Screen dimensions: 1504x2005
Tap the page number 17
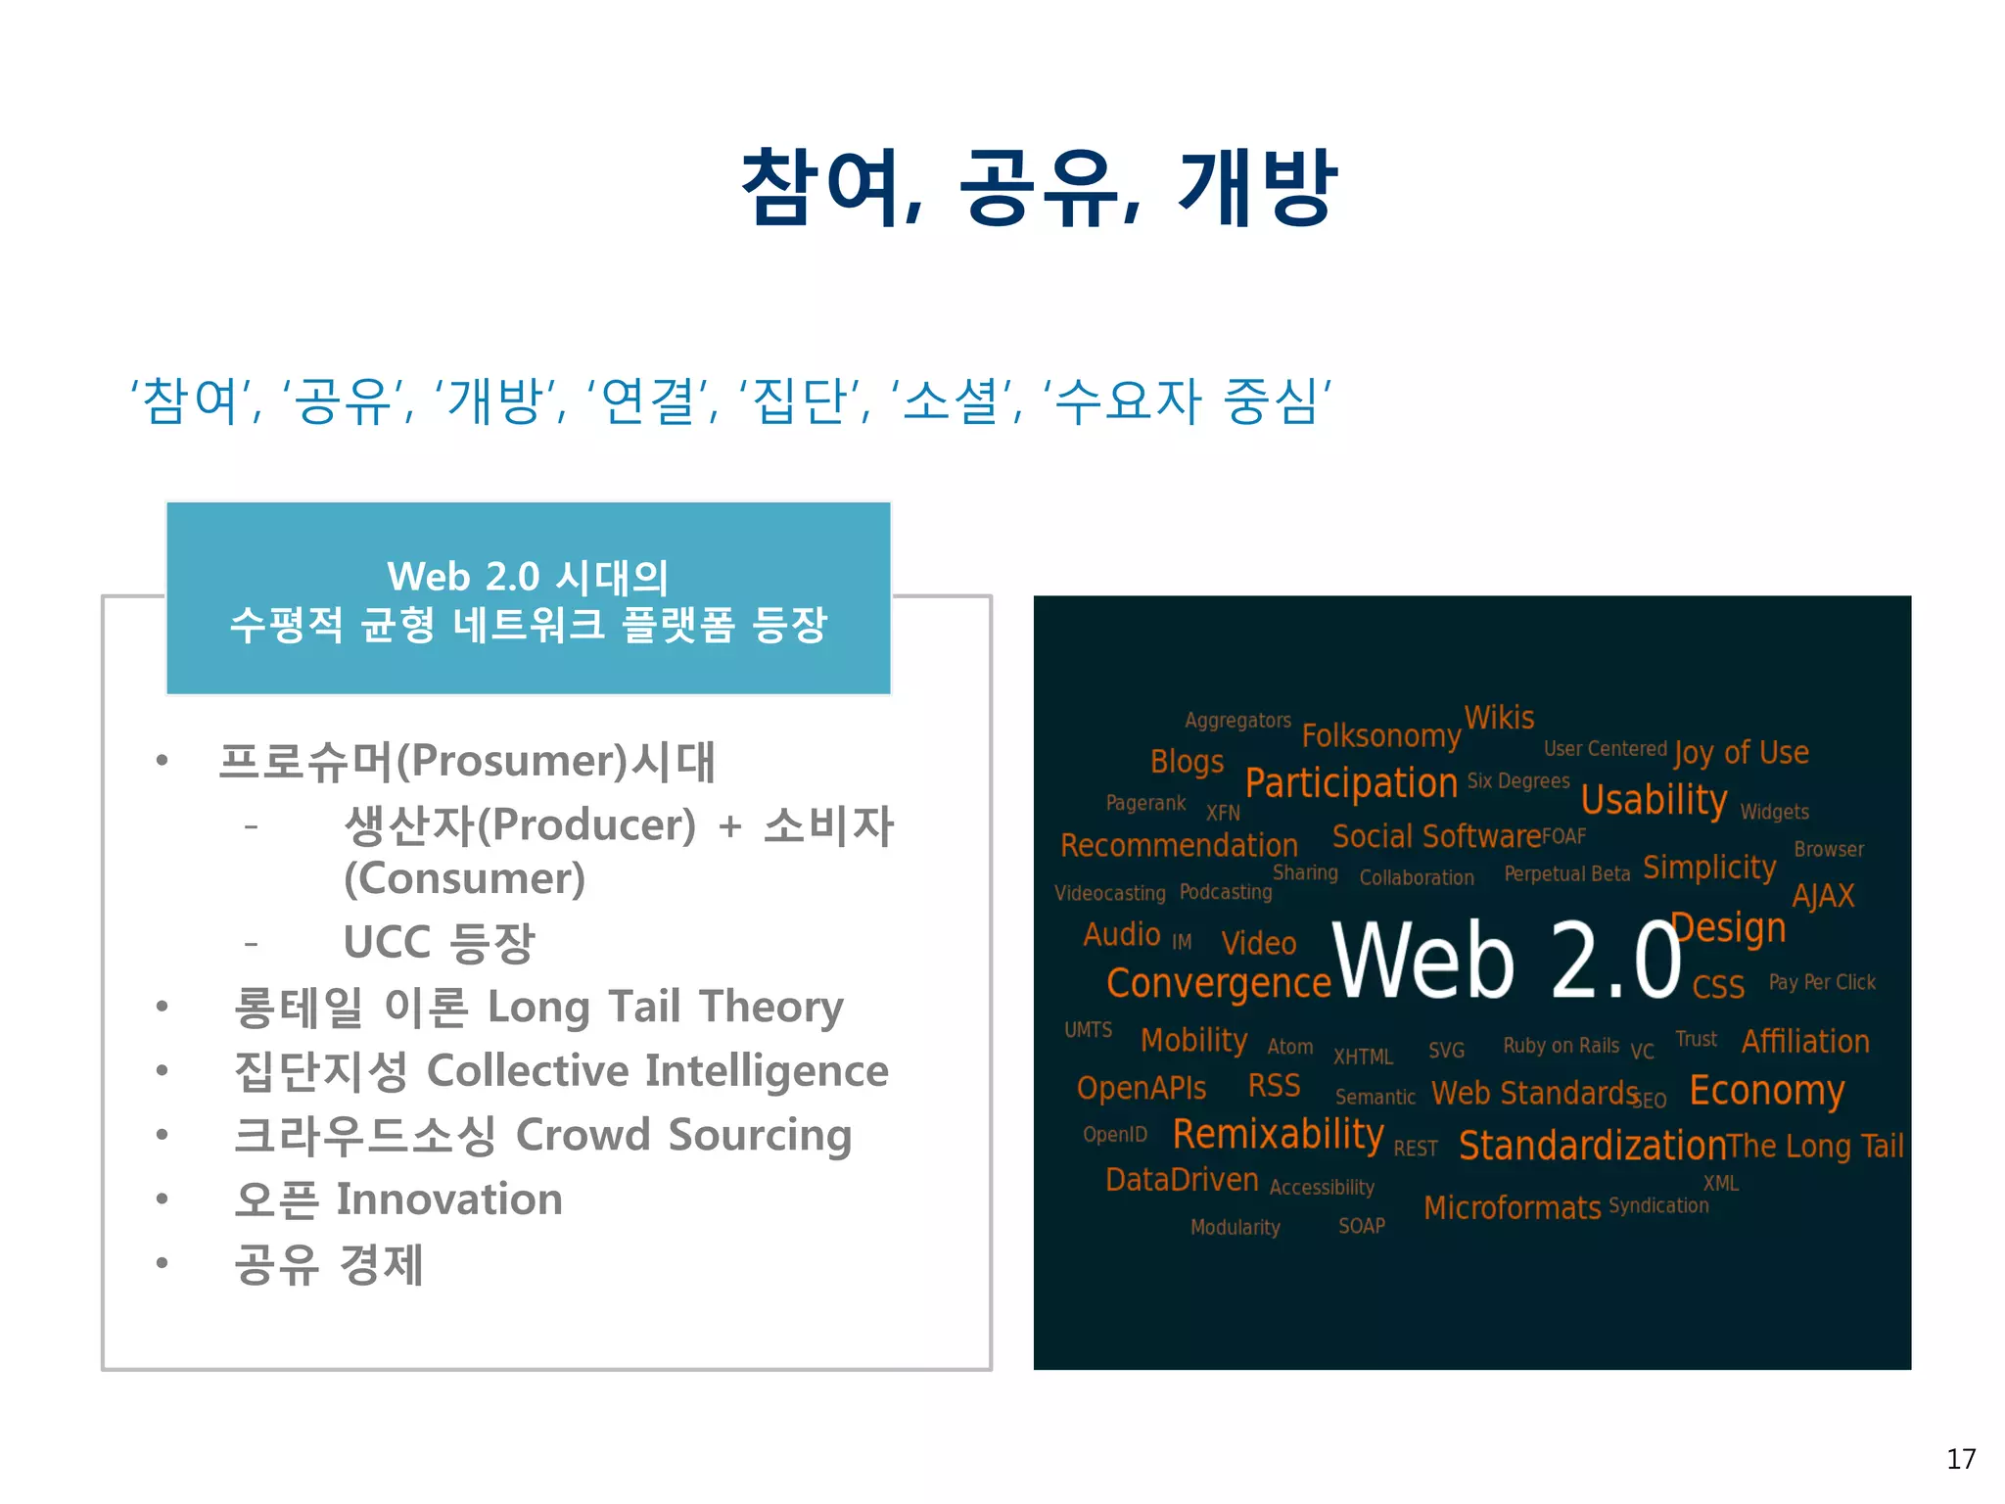(1960, 1459)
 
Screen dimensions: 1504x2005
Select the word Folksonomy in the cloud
(1380, 735)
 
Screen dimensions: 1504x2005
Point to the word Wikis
(1499, 718)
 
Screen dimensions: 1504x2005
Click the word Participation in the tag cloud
(1351, 783)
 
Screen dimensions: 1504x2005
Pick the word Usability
(1654, 800)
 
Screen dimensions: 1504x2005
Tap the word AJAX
(1823, 896)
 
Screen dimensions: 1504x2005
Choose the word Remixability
(1278, 1134)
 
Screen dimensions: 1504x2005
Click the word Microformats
(1512, 1207)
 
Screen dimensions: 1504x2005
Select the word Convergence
(1218, 983)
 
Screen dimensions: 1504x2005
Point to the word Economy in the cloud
(1766, 1091)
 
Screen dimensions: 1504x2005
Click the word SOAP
(1361, 1226)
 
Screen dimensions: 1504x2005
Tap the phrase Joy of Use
(1741, 752)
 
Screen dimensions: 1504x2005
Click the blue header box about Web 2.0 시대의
(529, 599)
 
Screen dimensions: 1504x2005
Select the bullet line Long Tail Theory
(664, 1007)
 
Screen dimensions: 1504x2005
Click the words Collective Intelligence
(657, 1070)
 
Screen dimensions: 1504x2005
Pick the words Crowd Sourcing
(682, 1135)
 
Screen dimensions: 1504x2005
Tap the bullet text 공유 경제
(329, 1263)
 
